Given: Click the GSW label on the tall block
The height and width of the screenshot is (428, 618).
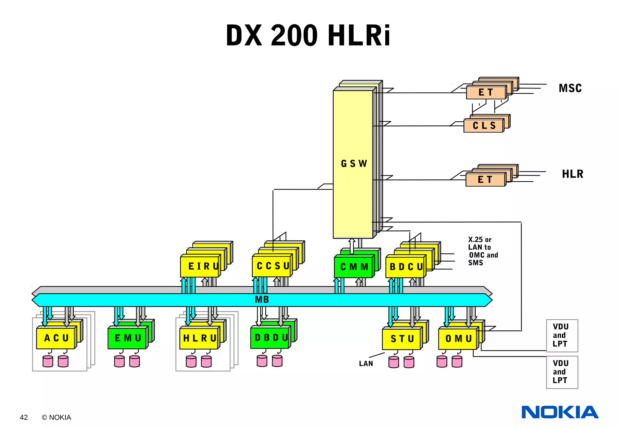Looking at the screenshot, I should (x=354, y=164).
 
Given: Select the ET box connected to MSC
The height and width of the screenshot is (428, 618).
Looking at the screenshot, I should (x=486, y=92).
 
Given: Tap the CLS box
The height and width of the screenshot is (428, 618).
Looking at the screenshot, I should (x=484, y=126).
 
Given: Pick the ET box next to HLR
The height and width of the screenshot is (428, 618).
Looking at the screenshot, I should (x=485, y=180).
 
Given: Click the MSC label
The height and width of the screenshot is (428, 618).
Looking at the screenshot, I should (x=570, y=88).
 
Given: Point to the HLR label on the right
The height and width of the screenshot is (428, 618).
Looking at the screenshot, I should (x=572, y=174).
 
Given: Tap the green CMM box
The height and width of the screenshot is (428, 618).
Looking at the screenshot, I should (x=354, y=267).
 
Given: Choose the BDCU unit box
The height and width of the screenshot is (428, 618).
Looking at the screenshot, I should (x=405, y=267).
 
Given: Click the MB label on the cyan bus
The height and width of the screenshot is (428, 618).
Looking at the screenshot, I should (x=262, y=300).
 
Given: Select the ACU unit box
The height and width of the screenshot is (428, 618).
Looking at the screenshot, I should (x=56, y=338).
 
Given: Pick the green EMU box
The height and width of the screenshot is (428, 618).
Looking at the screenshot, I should (x=128, y=338).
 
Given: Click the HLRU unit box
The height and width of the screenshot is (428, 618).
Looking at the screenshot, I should (x=199, y=338).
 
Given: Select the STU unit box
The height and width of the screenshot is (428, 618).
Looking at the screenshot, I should (x=402, y=339).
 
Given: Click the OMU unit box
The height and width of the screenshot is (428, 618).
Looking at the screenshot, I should (x=458, y=339).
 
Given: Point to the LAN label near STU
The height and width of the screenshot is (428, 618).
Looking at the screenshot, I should (x=366, y=363).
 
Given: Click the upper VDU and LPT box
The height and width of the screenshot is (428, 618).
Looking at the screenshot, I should (x=562, y=335).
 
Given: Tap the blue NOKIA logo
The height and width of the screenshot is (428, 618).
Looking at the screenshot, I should (x=560, y=412).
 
